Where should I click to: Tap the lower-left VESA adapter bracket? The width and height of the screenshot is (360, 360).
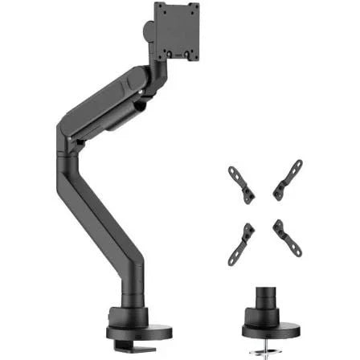tap(241, 241)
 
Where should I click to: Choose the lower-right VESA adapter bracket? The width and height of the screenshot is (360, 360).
tap(286, 239)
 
